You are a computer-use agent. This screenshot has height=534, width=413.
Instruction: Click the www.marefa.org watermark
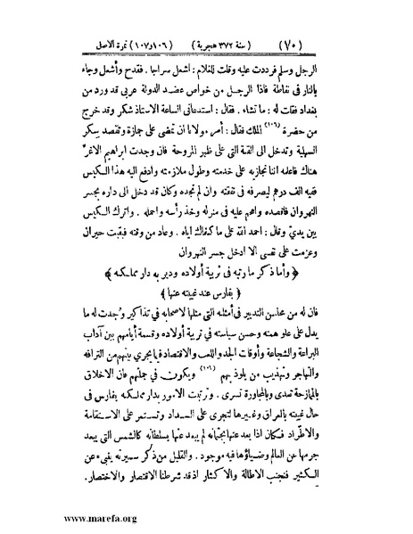pyautogui.click(x=54, y=515)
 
